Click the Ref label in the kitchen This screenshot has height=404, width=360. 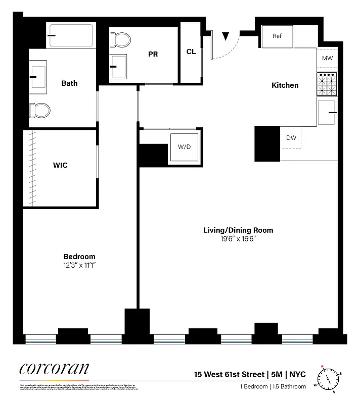(x=277, y=36)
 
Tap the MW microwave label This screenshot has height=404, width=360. (x=327, y=59)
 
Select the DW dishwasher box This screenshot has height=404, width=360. (x=291, y=137)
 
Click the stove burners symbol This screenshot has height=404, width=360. (x=327, y=84)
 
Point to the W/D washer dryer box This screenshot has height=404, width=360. (x=184, y=147)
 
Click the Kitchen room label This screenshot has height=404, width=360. (x=285, y=85)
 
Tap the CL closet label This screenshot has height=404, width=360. (x=191, y=52)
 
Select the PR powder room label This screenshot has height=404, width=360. (x=153, y=54)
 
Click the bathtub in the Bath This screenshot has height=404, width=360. (x=71, y=35)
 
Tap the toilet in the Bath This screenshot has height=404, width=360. (x=40, y=110)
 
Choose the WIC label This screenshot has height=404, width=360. (x=60, y=165)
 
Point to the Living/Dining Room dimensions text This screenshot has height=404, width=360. (x=238, y=239)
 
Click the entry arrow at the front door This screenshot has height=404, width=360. (x=226, y=36)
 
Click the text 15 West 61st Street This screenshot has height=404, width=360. (x=229, y=375)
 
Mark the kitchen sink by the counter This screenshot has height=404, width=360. (x=327, y=112)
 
